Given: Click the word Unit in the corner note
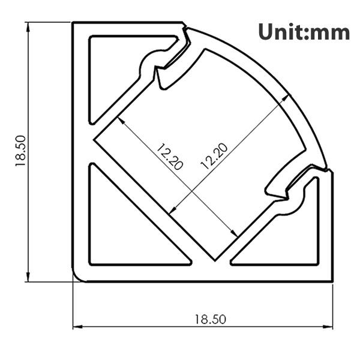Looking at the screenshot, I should [281, 31].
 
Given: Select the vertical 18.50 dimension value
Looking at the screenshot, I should [20, 150].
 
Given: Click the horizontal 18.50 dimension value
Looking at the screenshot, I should [209, 319].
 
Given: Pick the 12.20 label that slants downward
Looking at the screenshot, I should [169, 157].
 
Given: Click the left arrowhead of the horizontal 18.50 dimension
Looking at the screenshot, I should [76, 327].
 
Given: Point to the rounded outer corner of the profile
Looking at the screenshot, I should [78, 275].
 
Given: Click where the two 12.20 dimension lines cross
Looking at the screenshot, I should [191, 191].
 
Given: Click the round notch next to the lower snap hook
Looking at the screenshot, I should [289, 207].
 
